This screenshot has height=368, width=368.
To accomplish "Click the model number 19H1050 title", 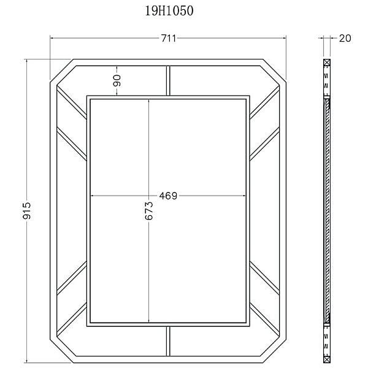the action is click(x=169, y=11).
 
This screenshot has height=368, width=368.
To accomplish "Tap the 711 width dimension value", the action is click(x=169, y=38).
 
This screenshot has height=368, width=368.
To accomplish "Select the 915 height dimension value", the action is click(x=26, y=211).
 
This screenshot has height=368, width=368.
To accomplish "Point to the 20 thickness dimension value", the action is click(x=345, y=38).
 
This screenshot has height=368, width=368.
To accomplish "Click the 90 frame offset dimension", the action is click(x=117, y=80).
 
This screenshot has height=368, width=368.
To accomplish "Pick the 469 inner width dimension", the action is click(x=168, y=196).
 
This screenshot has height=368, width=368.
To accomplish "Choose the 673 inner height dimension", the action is click(x=149, y=211).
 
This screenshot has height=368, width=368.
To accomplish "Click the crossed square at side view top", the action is click(x=327, y=63).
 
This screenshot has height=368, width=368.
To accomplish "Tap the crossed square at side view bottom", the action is click(x=327, y=359).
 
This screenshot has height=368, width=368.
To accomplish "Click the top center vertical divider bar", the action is click(x=168, y=81).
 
